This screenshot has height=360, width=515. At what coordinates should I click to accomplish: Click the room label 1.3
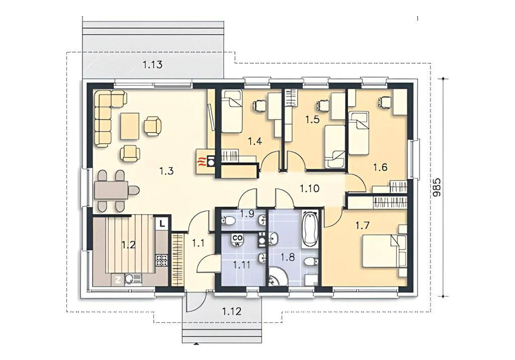[x=166, y=171]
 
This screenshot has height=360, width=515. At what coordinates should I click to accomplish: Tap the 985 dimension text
[x=437, y=188]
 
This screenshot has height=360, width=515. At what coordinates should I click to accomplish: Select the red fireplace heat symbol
[x=200, y=161]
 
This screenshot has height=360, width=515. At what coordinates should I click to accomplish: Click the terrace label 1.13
[x=152, y=64]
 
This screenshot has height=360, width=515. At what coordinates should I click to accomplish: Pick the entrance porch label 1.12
[x=231, y=311]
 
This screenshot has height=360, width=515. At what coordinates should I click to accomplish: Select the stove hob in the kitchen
[x=162, y=260]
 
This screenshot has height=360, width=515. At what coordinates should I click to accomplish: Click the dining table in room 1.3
[x=111, y=190]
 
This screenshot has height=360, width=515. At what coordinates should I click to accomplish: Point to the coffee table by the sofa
[x=130, y=126]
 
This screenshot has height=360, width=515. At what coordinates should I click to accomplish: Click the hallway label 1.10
[x=309, y=189]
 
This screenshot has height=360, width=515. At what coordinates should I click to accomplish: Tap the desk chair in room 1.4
[x=259, y=105]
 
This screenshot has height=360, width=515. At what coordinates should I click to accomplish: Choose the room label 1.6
[x=380, y=167]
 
